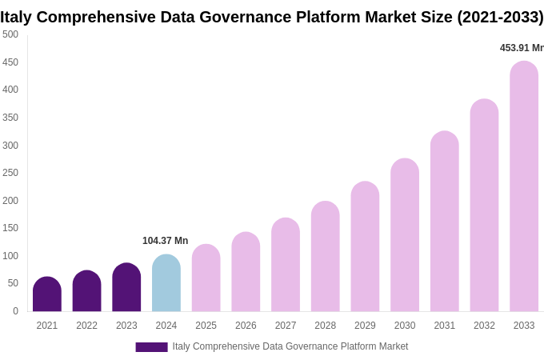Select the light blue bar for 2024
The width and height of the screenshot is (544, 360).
[x=166, y=283]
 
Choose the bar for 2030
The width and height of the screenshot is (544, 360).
[x=405, y=235]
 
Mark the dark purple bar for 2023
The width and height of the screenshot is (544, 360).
[x=126, y=287]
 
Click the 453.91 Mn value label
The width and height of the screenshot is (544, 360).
[x=522, y=48]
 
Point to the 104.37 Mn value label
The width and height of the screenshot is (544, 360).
[x=165, y=241]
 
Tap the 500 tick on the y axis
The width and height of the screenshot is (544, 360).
[x=10, y=34]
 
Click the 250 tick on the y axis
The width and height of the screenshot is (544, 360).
[x=10, y=173]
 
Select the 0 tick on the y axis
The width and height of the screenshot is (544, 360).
[x=15, y=311]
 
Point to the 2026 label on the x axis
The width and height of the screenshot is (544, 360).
[x=246, y=326]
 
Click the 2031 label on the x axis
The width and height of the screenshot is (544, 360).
[x=445, y=326]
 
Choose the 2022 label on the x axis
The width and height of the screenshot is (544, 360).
[x=86, y=326]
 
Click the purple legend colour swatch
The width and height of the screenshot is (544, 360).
[x=151, y=347]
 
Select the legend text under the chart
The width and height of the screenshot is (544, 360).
[x=290, y=346]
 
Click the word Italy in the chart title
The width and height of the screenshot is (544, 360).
[x=16, y=17]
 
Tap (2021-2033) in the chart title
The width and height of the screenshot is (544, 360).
[x=500, y=17]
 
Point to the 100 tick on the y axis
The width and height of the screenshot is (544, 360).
[x=10, y=256]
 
